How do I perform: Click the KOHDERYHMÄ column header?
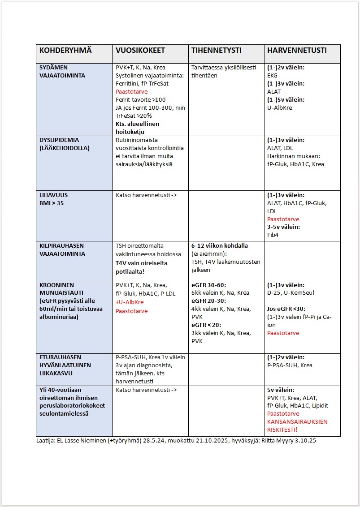pyautogui.click(x=65, y=51)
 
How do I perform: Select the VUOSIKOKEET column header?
pyautogui.click(x=140, y=51)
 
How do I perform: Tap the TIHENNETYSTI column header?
pyautogui.click(x=217, y=51)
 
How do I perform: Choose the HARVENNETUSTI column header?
pyautogui.click(x=297, y=51)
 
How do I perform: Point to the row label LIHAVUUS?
pyautogui.click(x=54, y=195)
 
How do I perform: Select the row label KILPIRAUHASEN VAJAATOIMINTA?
pyautogui.click(x=62, y=249)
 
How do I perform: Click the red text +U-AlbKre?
pyautogui.click(x=130, y=302)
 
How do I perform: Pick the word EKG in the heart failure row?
pyautogui.click(x=273, y=76)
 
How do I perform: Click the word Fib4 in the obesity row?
pyautogui.click(x=273, y=235)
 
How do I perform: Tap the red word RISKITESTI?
pyautogui.click(x=282, y=430)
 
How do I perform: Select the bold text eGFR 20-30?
pyautogui.click(x=209, y=301)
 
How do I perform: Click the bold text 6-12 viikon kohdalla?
pyautogui.click(x=220, y=245)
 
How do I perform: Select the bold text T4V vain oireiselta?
pyautogui.click(x=141, y=263)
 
